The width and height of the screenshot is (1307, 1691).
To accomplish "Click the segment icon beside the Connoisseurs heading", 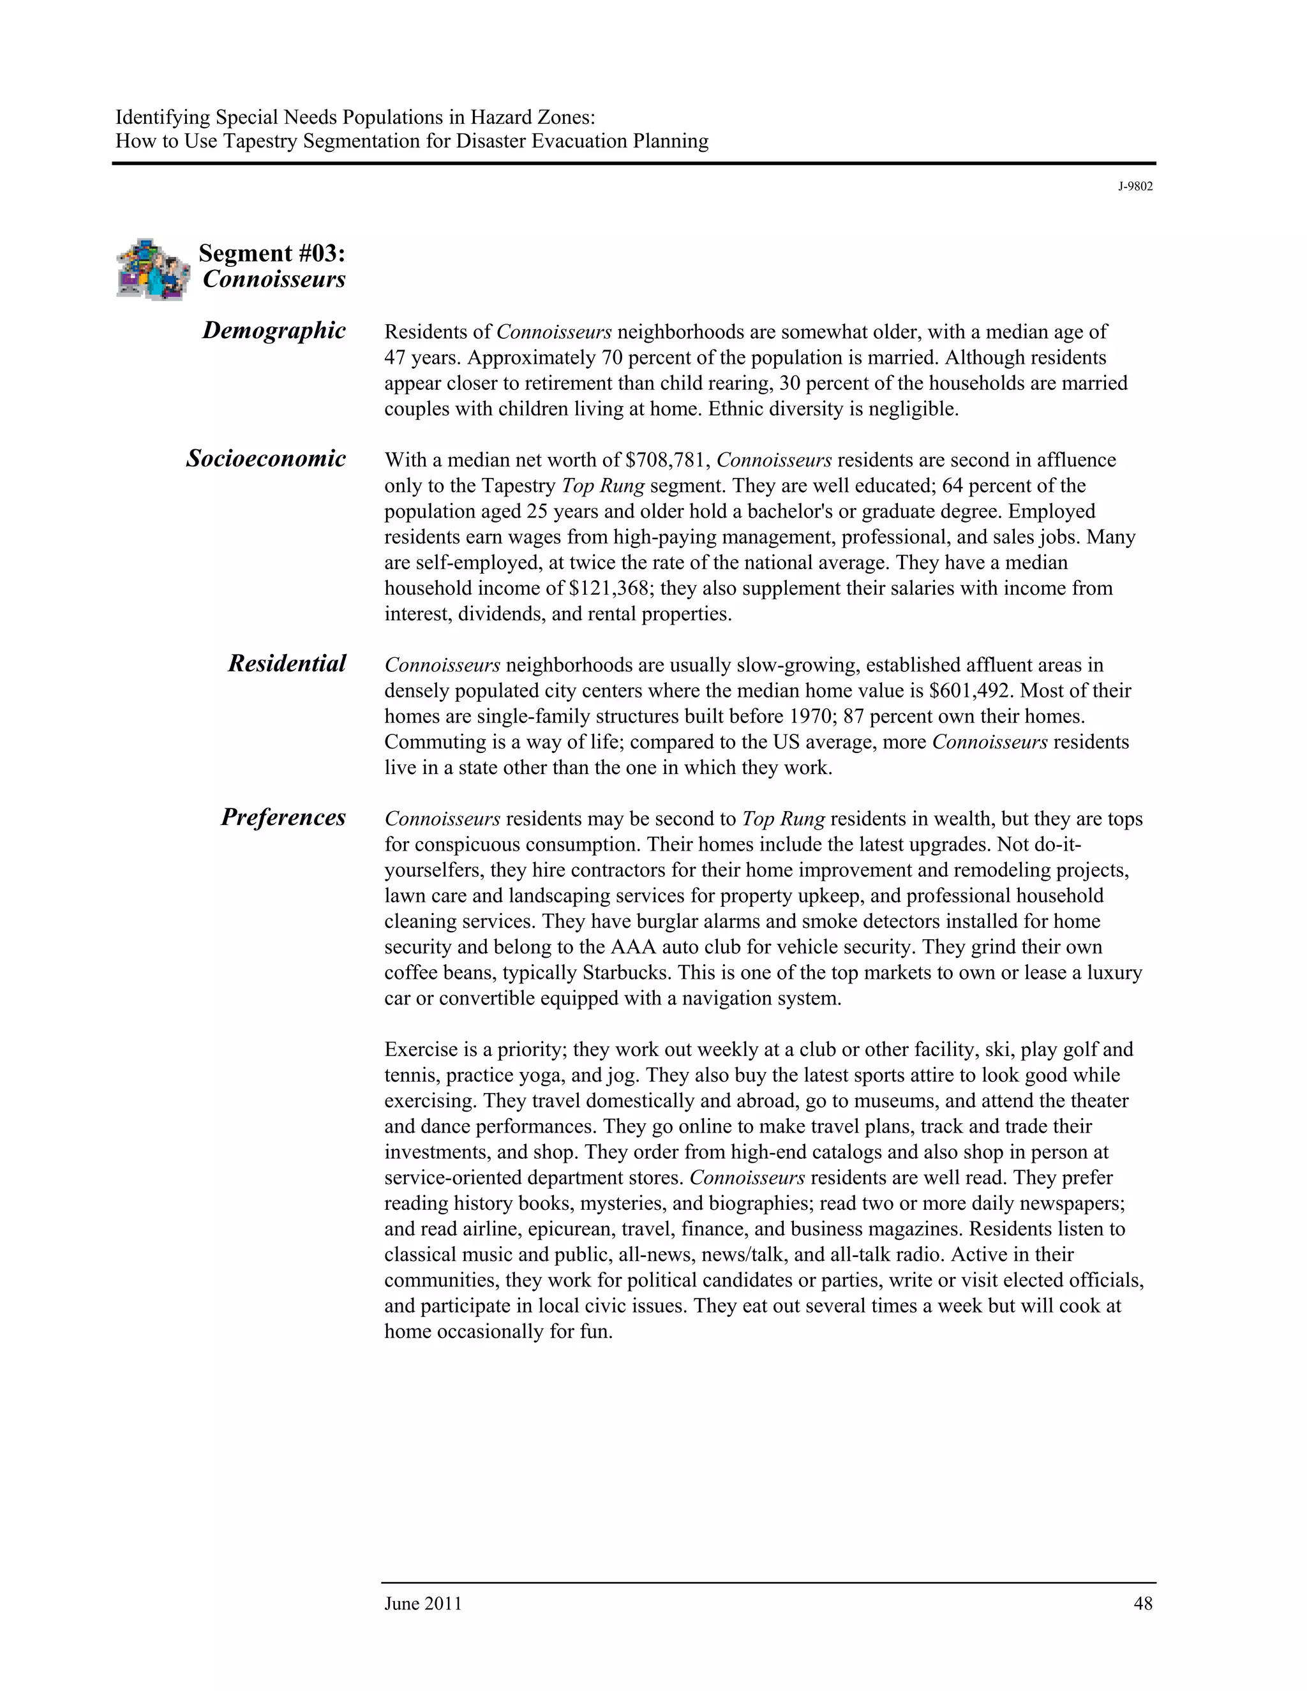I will tap(153, 269).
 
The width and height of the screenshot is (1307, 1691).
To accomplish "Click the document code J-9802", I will tap(1135, 186).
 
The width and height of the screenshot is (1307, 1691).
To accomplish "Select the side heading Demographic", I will tap(273, 331).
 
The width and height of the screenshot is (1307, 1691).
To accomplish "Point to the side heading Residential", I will tap(287, 664).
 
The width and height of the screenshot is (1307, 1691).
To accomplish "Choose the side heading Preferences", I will tap(283, 817).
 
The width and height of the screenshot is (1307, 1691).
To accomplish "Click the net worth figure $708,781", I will tap(668, 460).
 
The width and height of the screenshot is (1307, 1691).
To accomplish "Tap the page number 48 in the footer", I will tap(1143, 1604).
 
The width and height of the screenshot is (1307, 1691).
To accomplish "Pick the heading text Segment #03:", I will tap(272, 253).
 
